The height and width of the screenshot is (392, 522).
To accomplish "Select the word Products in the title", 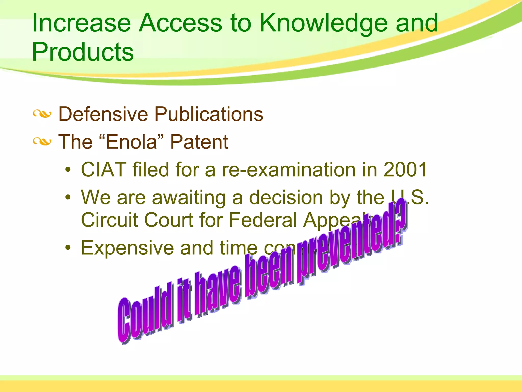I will (83, 52).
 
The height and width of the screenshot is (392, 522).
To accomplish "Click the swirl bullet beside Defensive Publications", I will (42, 114).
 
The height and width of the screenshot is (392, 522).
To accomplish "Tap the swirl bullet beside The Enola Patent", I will (42, 141).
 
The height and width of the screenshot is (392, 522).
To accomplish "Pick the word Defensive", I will (103, 114).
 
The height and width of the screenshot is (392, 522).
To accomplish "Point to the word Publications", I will (209, 114).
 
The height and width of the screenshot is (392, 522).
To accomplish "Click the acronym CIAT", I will (103, 169).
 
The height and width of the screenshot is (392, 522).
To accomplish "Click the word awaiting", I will (189, 198).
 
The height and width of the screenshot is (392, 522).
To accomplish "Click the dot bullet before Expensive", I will (68, 248).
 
